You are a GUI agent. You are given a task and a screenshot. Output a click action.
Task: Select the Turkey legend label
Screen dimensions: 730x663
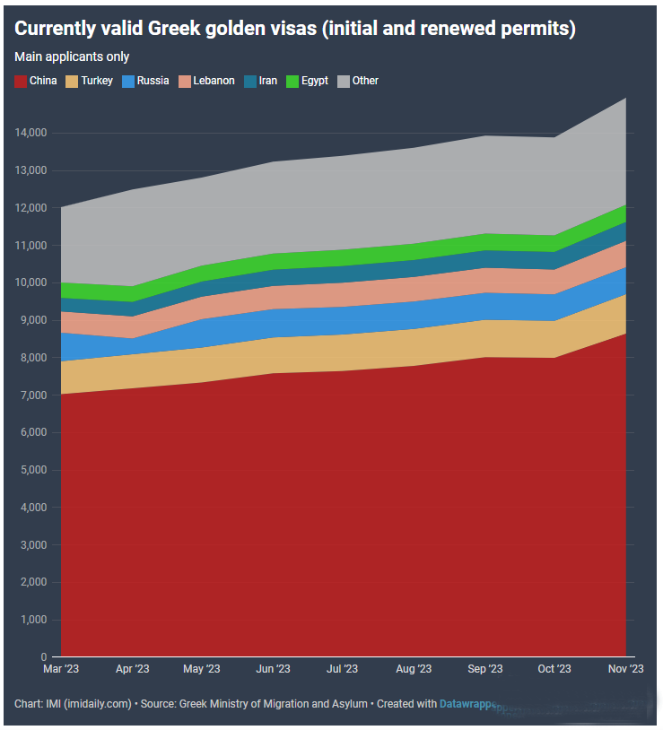pyautogui.click(x=97, y=81)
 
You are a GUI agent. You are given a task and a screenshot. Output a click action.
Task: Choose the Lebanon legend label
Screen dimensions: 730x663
pyautogui.click(x=214, y=81)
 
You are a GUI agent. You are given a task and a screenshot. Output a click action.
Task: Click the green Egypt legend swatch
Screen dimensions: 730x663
pyautogui.click(x=292, y=81)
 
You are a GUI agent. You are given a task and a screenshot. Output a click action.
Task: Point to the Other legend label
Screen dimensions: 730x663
pyautogui.click(x=365, y=81)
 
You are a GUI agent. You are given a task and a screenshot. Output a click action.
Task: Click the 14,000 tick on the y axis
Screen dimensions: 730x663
pyautogui.click(x=31, y=133)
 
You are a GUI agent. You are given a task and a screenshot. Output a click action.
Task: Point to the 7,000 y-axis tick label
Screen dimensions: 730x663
pyautogui.click(x=33, y=395)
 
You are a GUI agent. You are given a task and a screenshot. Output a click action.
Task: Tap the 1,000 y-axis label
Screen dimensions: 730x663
pyautogui.click(x=33, y=621)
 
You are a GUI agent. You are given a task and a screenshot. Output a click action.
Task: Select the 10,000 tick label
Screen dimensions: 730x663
pyautogui.click(x=31, y=282)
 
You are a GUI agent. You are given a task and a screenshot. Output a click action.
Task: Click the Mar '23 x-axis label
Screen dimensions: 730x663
pyautogui.click(x=61, y=669)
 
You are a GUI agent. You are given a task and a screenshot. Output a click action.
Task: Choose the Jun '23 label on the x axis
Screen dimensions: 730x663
pyautogui.click(x=273, y=669)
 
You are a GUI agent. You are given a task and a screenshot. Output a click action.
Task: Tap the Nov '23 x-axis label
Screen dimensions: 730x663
pyautogui.click(x=625, y=669)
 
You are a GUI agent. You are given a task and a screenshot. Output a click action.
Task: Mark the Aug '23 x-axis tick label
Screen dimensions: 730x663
pyautogui.click(x=414, y=669)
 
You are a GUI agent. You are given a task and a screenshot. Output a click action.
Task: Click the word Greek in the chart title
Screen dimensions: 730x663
pyautogui.click(x=179, y=29)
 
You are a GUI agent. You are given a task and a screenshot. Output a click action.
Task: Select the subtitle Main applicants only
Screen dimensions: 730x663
pyautogui.click(x=72, y=57)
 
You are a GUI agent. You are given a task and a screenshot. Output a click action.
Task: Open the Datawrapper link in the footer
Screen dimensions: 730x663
pyautogui.click(x=468, y=704)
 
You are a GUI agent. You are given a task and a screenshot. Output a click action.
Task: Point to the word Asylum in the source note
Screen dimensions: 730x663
pyautogui.click(x=349, y=704)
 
